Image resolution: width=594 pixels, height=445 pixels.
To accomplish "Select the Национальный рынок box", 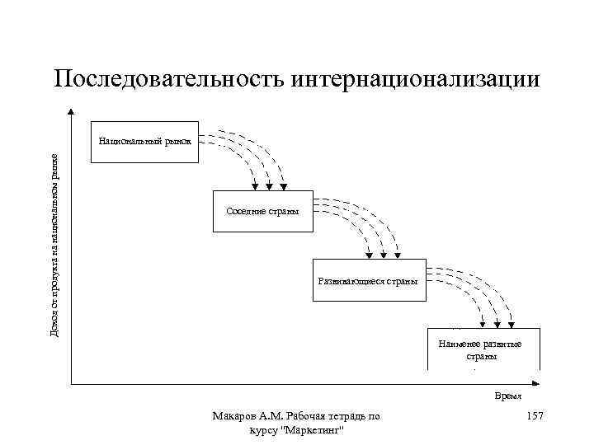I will tap(144, 148).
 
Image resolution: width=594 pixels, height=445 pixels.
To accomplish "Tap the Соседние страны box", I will tap(262, 213).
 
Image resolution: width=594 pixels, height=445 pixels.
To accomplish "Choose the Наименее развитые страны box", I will tap(483, 349).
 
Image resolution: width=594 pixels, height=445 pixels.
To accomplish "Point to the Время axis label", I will tap(508, 397).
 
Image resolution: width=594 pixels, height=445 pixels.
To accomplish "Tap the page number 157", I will tap(534, 418).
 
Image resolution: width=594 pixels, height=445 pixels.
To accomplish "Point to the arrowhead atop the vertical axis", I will tap(73, 112).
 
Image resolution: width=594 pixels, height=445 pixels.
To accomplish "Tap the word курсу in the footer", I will tap(262, 432).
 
